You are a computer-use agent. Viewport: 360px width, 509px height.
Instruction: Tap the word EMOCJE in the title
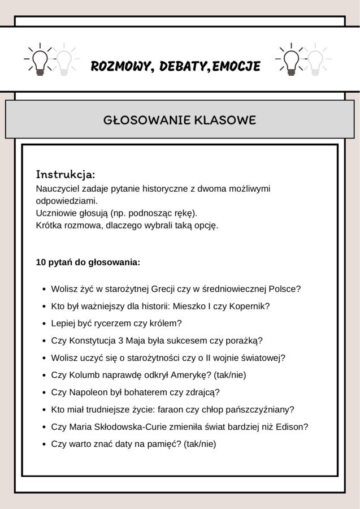point(237,67)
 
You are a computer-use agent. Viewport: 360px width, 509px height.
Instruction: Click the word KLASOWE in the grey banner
point(225,120)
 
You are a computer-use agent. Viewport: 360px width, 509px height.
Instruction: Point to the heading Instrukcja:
point(66,173)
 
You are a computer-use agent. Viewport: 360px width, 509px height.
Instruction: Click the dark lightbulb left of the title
point(40,59)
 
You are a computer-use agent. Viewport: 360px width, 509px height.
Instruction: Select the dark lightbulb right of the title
point(291,59)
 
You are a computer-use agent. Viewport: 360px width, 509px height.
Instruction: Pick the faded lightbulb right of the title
point(315,59)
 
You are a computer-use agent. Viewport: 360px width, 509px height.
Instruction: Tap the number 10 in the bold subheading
point(41,262)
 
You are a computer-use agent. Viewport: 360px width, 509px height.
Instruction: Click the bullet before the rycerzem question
point(44,324)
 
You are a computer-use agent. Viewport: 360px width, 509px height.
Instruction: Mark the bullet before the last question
point(44,445)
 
